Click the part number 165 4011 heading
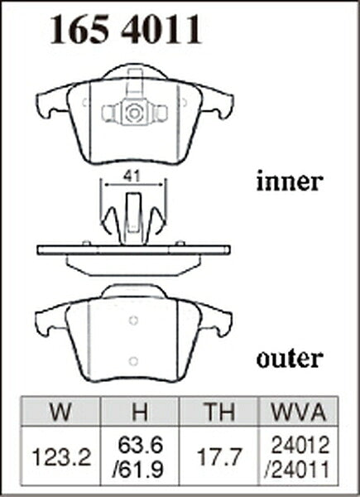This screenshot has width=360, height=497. point(126,29)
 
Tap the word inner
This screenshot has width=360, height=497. point(290,181)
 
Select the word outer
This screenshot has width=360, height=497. point(290,359)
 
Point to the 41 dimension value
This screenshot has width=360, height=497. point(132,176)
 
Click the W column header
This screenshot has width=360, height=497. point(60,412)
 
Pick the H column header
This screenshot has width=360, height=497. point(140,412)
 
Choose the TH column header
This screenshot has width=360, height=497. point(219,412)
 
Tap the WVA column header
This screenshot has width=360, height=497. point(299,412)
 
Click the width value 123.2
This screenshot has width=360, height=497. point(61,457)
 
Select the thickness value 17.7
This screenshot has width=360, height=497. point(219,456)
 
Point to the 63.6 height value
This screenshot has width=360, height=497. point(140,445)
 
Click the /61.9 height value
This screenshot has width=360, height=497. point(138,470)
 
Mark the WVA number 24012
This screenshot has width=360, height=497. point(300,445)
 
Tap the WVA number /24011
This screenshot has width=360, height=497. point(297,470)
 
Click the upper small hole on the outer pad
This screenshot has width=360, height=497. point(133,321)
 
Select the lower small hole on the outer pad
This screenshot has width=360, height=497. point(133,361)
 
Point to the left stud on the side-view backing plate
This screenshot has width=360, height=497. point(86,244)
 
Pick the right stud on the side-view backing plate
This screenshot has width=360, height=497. point(180,244)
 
